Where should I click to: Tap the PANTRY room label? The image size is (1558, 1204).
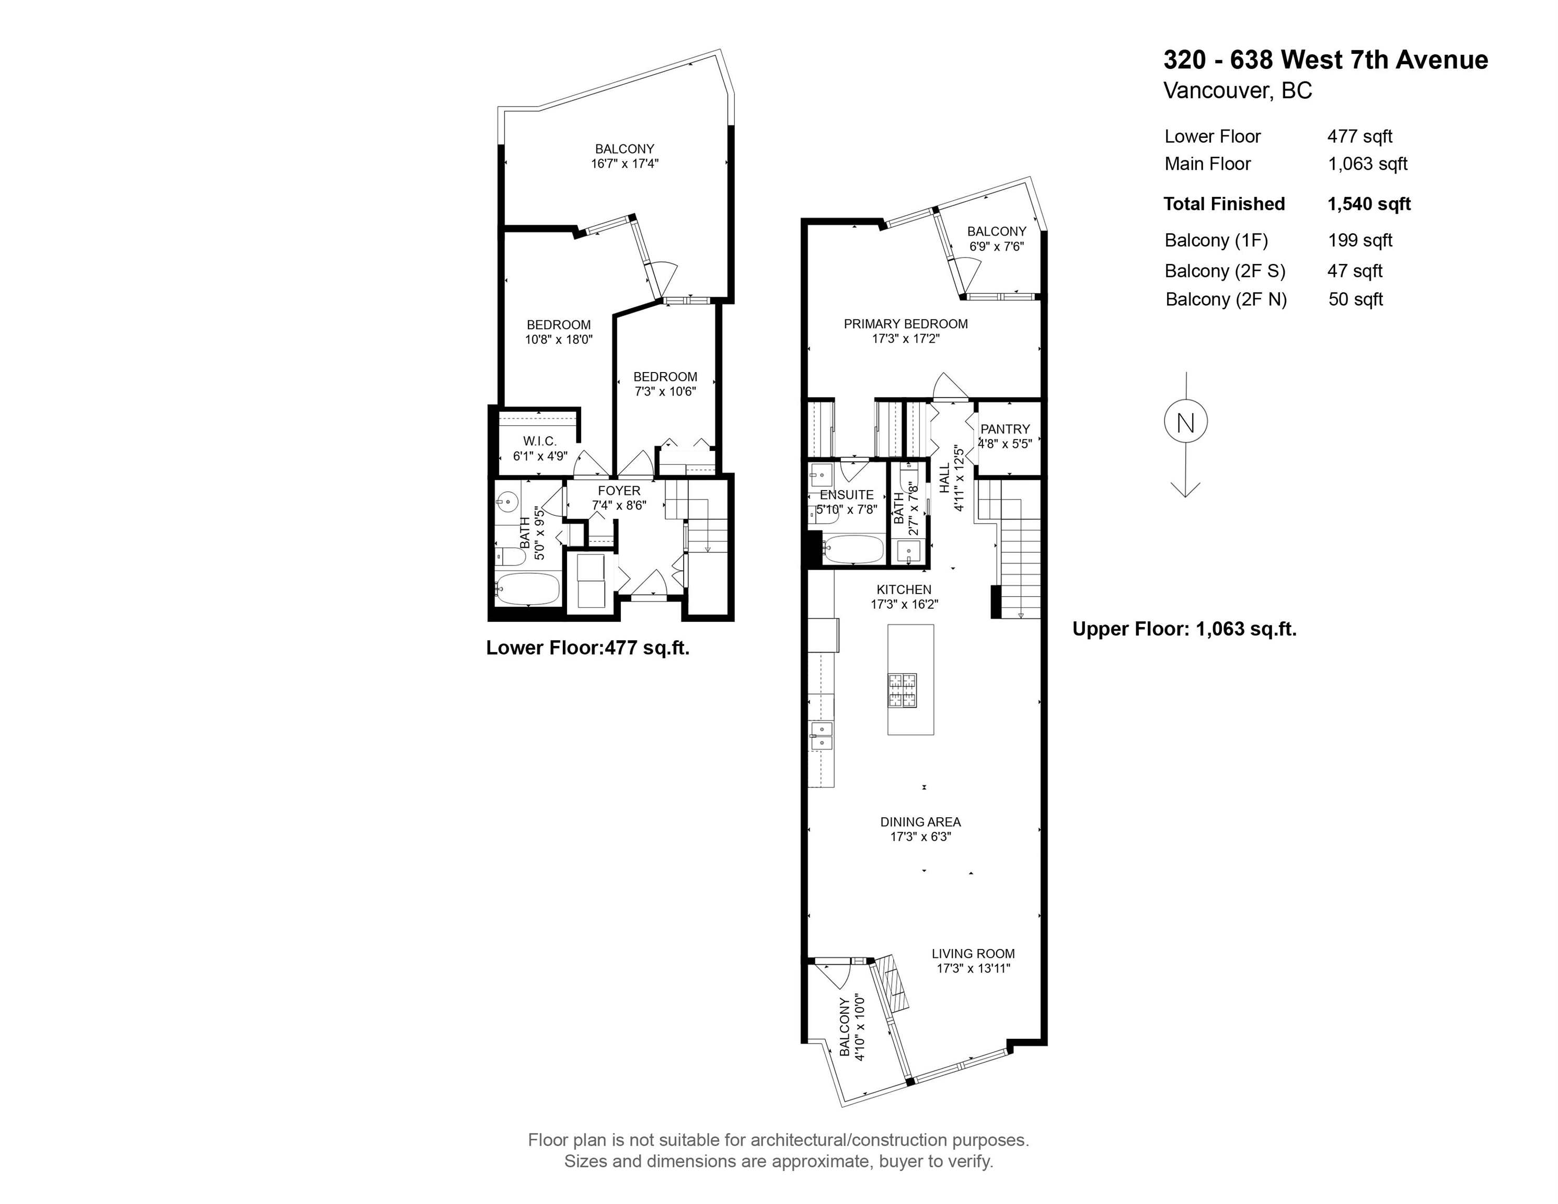click(1005, 429)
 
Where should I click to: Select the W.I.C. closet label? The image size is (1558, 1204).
click(539, 442)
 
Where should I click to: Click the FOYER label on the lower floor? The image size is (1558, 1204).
click(619, 491)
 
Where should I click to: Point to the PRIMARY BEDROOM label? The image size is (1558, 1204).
click(906, 324)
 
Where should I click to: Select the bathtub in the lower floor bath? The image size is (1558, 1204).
click(527, 588)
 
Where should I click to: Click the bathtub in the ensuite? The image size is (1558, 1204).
click(852, 550)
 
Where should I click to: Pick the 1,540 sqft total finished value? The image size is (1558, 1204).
click(1369, 204)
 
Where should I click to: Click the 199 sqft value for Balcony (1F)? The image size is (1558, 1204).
click(1360, 240)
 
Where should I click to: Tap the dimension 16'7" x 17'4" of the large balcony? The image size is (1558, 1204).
click(625, 164)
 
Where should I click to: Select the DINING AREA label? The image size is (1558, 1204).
click(920, 821)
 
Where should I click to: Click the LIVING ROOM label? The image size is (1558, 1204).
click(973, 954)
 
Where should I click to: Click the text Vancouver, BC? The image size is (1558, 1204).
click(1238, 90)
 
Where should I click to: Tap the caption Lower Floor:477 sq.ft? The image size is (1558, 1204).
click(588, 647)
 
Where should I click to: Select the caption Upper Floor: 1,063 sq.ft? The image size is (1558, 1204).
click(1185, 629)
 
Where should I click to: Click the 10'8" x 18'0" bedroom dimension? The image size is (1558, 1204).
click(559, 340)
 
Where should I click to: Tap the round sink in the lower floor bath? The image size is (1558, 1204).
click(506, 502)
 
